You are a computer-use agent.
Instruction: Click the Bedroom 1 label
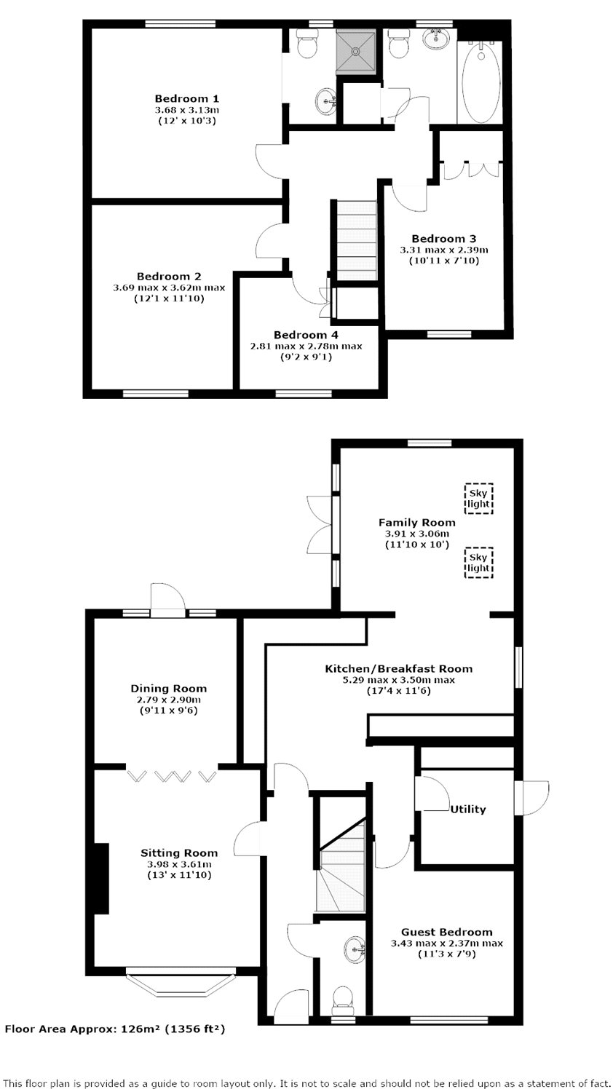[187, 99]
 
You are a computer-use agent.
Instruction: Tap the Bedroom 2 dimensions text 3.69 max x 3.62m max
[169, 288]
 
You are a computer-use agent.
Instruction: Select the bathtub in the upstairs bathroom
[480, 82]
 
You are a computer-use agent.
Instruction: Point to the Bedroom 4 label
[306, 335]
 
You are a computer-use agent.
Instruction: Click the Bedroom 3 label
[444, 238]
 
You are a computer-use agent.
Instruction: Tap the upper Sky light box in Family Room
[478, 499]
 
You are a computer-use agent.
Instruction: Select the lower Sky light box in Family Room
[478, 563]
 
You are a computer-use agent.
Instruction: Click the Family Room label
[417, 523]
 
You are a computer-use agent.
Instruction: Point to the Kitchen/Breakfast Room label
[398, 669]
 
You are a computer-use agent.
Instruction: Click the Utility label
[468, 810]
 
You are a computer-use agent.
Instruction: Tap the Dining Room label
[169, 689]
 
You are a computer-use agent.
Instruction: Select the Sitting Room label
[179, 853]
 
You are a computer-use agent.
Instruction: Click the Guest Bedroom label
[447, 933]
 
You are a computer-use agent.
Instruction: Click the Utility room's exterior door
[531, 798]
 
